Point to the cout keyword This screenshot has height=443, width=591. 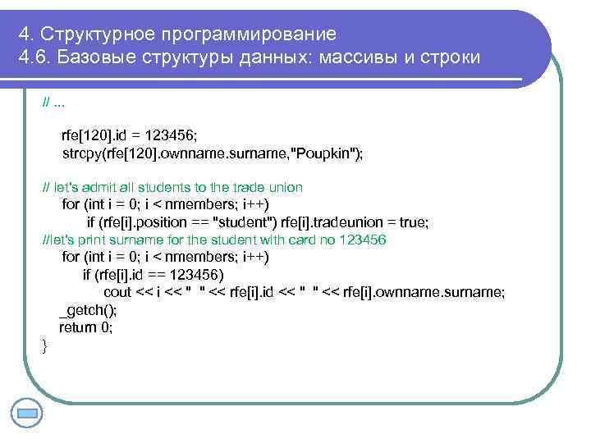(118, 292)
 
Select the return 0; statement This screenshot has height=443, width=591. (85, 327)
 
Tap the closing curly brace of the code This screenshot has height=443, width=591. (45, 345)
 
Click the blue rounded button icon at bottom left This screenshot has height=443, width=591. (28, 412)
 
